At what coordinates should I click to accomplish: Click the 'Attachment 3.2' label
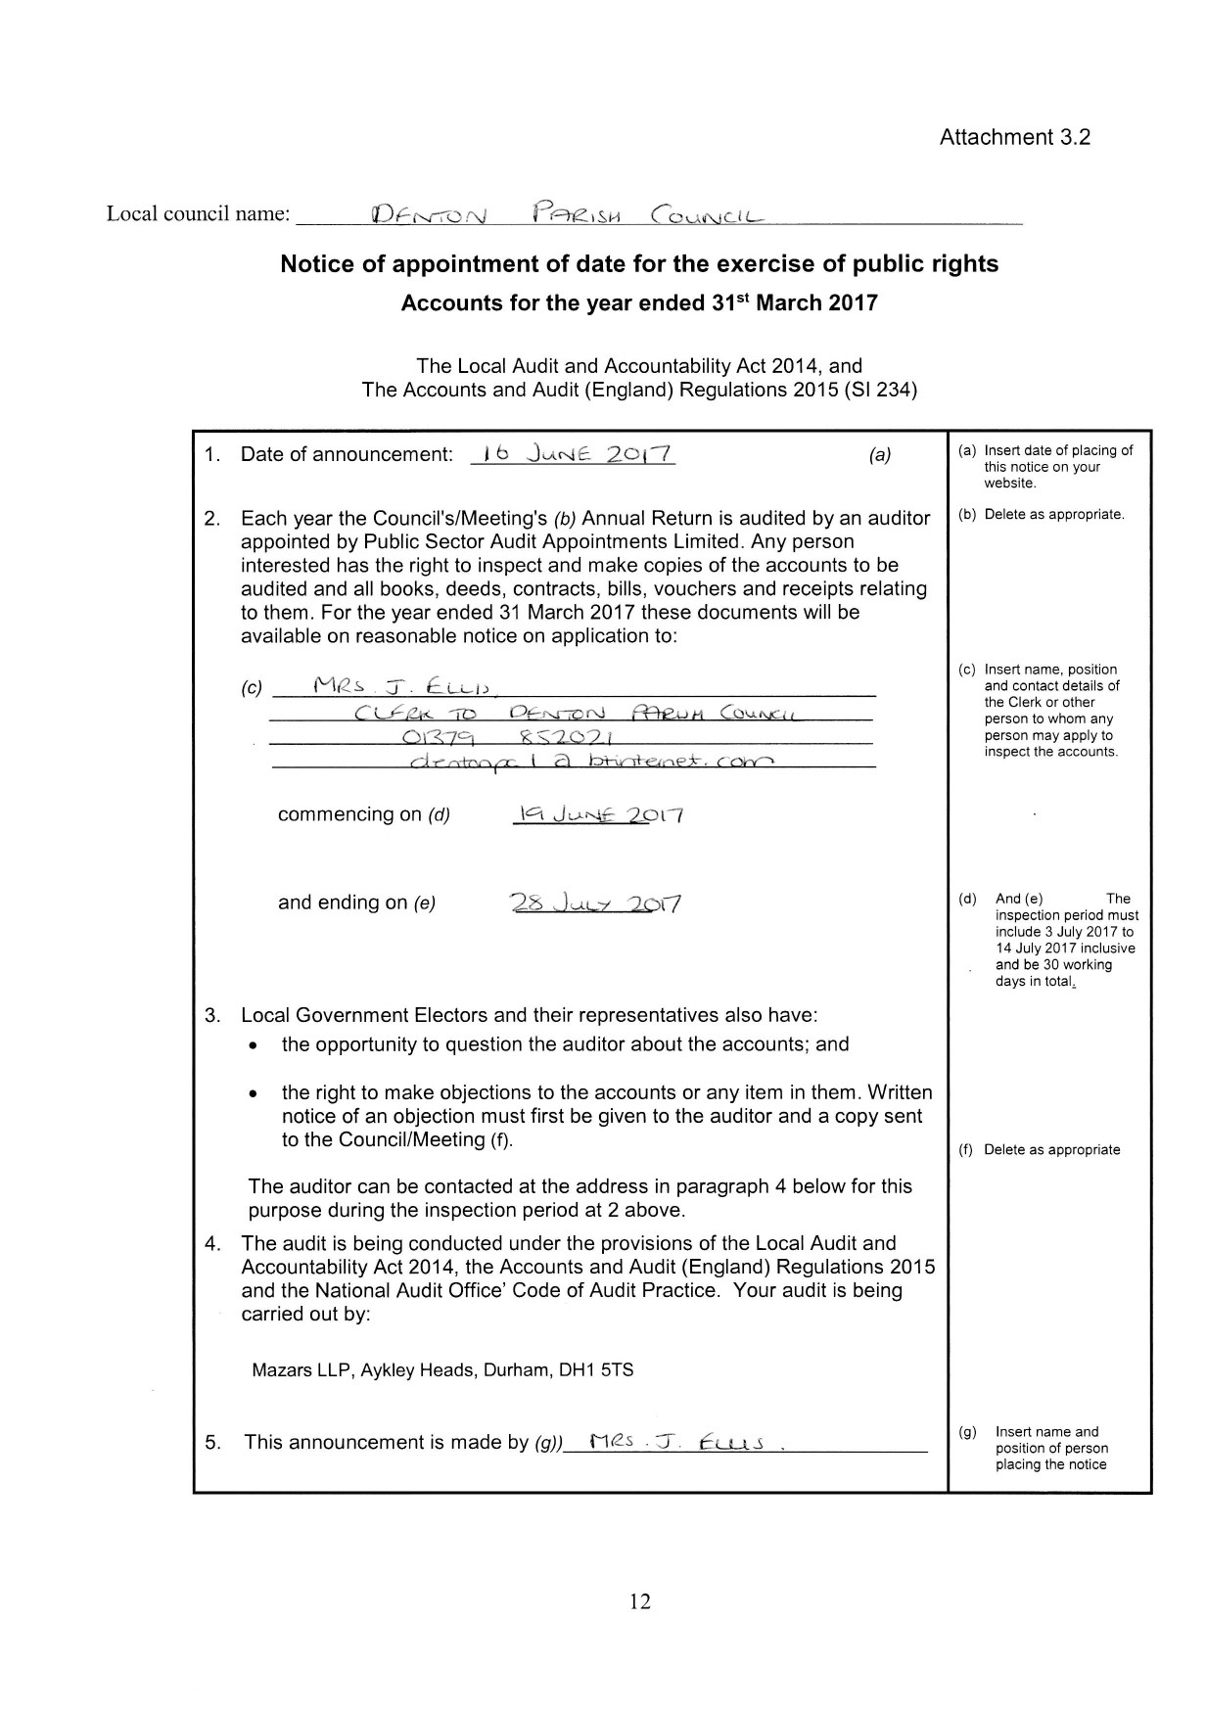pos(1014,137)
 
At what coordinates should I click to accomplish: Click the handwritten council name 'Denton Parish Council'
pos(568,213)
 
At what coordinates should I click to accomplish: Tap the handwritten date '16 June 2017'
pos(573,454)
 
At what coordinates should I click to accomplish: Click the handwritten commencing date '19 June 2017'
pos(597,814)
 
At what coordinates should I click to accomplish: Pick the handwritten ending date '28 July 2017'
pos(596,903)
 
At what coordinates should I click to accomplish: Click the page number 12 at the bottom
pos(640,1601)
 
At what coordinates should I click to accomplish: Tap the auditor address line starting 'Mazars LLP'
pos(442,1369)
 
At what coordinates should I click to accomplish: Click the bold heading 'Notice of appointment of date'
pos(639,264)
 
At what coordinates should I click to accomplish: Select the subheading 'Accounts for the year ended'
pos(639,302)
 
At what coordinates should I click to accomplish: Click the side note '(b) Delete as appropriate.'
pos(1042,514)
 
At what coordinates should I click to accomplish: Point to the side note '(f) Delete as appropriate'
pos(1040,1149)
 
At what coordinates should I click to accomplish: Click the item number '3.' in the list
pos(212,1015)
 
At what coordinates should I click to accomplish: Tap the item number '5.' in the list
pos(212,1442)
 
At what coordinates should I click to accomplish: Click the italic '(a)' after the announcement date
pos(880,455)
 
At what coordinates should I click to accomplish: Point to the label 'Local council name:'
pos(199,213)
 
